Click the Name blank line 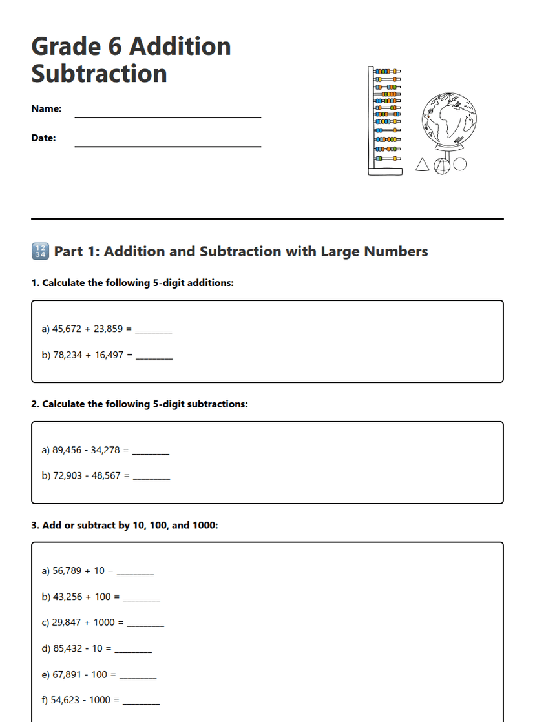[168, 116]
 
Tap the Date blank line [168, 146]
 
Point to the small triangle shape [422, 165]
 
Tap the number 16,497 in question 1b [109, 355]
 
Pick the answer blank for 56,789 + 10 [135, 573]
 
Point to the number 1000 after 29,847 [104, 623]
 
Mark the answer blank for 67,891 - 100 [138, 677]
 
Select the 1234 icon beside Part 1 [39, 251]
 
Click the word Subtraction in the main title [99, 74]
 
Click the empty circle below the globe [459, 165]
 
